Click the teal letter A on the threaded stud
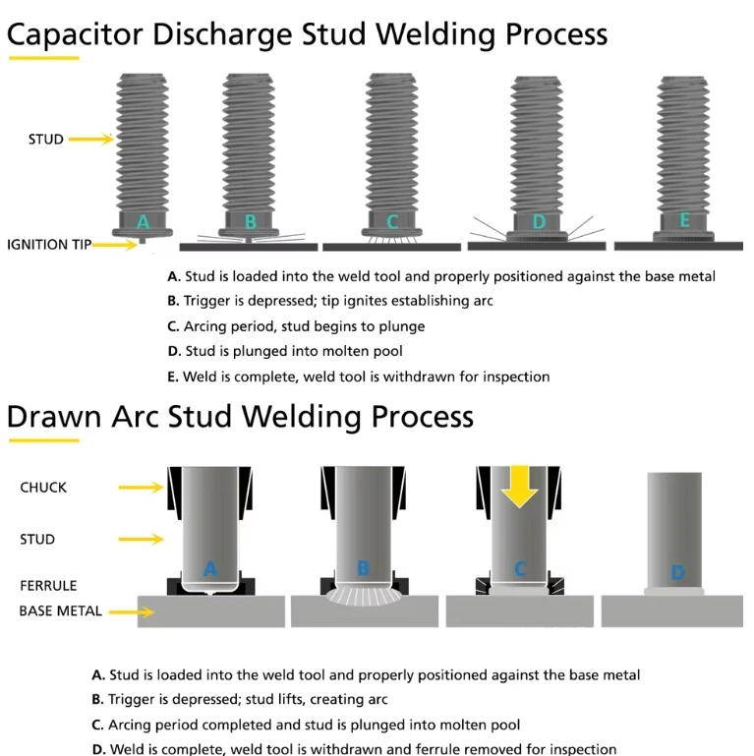pyautogui.click(x=143, y=222)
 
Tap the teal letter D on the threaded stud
pyautogui.click(x=539, y=222)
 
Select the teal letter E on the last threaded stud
pyautogui.click(x=684, y=220)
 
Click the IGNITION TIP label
pyautogui.click(x=49, y=245)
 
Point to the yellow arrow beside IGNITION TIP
pyautogui.click(x=115, y=245)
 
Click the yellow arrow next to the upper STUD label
pyautogui.click(x=91, y=139)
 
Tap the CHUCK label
pyautogui.click(x=43, y=488)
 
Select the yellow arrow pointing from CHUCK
pyautogui.click(x=141, y=488)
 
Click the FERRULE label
pyautogui.click(x=48, y=585)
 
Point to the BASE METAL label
pyautogui.click(x=60, y=611)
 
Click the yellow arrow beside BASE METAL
pyautogui.click(x=131, y=612)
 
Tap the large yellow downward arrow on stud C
pyautogui.click(x=519, y=486)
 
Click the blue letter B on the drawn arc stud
pyautogui.click(x=363, y=568)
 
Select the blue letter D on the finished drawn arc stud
pyautogui.click(x=678, y=572)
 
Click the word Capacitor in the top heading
pyautogui.click(x=76, y=34)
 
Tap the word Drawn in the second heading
pyautogui.click(x=54, y=416)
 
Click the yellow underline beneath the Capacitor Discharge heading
pyautogui.click(x=44, y=58)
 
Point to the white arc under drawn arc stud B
pyautogui.click(x=364, y=597)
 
